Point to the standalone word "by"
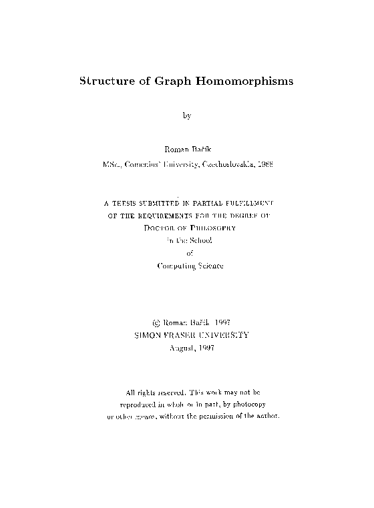click(187, 115)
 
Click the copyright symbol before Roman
click(156, 322)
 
